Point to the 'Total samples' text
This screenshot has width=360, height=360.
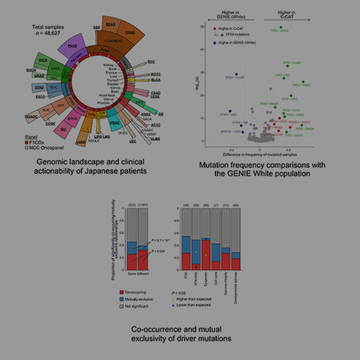click(x=47, y=27)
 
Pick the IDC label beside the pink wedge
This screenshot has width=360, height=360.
click(x=64, y=128)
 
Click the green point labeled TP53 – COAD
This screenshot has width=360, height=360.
click(x=281, y=27)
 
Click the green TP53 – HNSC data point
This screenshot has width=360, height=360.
click(x=304, y=82)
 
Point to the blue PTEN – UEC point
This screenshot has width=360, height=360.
click(x=230, y=111)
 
